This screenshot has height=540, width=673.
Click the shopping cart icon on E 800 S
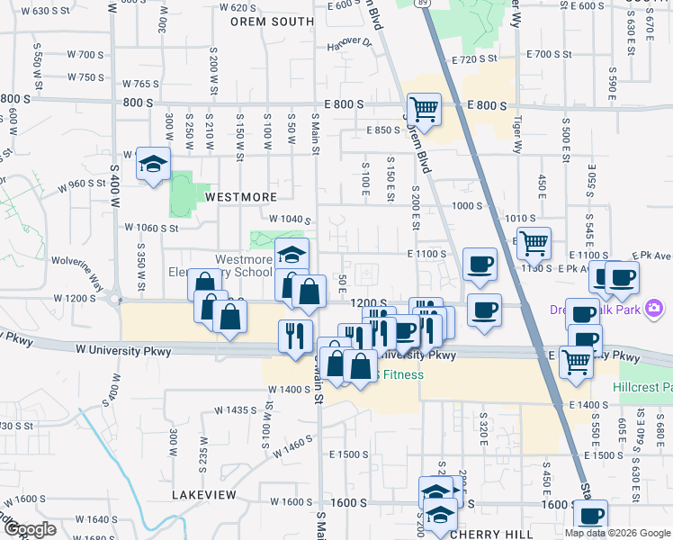[423, 110]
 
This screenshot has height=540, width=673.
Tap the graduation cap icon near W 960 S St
[153, 164]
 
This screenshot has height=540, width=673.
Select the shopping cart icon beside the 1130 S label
[534, 242]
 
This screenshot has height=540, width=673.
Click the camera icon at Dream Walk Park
[654, 310]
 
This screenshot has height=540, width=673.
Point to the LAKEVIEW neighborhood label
[207, 495]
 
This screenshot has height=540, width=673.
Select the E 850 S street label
[382, 130]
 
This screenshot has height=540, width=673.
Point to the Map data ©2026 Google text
[617, 533]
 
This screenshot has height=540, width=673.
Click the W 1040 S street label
[290, 220]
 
